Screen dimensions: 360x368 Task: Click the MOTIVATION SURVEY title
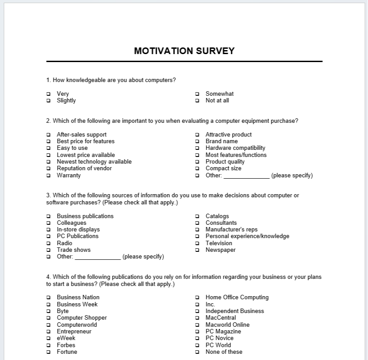click(x=184, y=51)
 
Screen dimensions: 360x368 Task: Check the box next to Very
click(x=48, y=94)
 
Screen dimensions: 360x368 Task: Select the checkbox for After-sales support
click(x=48, y=135)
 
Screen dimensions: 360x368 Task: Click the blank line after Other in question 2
click(x=246, y=176)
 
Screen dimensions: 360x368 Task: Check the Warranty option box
click(x=48, y=176)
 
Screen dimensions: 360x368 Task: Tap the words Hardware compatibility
click(x=235, y=148)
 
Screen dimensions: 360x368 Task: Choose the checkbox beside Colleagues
click(x=48, y=223)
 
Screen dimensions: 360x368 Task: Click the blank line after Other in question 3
click(x=97, y=258)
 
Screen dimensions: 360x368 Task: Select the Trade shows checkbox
click(x=48, y=250)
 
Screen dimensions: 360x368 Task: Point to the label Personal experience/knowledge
click(x=247, y=236)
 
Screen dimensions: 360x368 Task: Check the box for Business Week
click(x=48, y=305)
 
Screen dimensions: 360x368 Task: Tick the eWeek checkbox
click(x=48, y=338)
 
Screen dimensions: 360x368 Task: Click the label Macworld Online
click(x=227, y=325)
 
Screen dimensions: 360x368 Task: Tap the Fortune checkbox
click(x=48, y=352)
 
